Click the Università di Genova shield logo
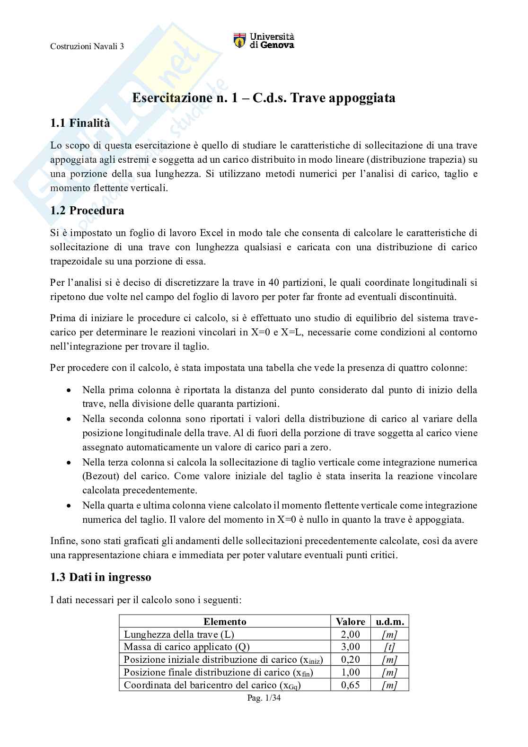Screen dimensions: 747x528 point(240,41)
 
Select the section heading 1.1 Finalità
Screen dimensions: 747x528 point(80,123)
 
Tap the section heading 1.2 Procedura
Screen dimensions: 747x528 point(87,211)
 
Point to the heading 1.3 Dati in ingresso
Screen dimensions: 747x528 point(100,577)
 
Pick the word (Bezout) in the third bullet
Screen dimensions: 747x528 point(101,476)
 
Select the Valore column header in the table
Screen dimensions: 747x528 point(350,622)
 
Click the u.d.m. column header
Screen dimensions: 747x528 point(390,622)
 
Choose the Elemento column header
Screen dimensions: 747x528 point(225,622)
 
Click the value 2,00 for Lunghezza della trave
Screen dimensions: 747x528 point(350,634)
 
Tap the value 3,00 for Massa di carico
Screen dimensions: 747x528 point(350,647)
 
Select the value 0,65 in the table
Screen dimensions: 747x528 point(350,685)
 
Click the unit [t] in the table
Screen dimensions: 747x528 point(389,647)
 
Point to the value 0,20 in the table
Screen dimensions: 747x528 point(350,659)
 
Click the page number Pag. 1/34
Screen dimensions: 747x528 point(264,698)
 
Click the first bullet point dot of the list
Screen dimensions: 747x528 point(69,391)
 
